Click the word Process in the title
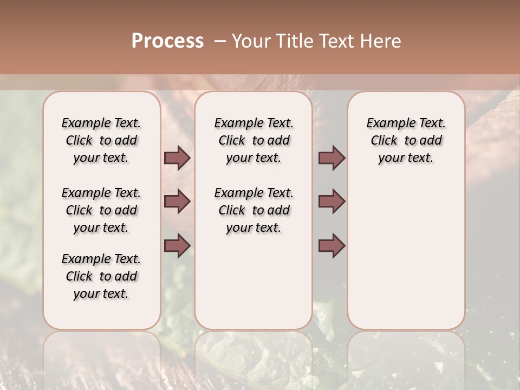tap(167, 41)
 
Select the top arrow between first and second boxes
tap(177, 158)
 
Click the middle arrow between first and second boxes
tap(177, 202)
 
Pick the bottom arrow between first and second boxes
tap(177, 246)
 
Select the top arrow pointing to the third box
tap(331, 158)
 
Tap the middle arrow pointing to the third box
tap(331, 202)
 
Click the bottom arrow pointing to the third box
tap(331, 246)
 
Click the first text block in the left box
tap(101, 140)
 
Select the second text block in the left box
tap(101, 210)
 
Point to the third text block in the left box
tap(101, 276)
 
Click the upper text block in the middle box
tap(253, 140)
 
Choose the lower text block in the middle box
tap(253, 210)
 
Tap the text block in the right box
tap(406, 140)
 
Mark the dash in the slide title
tap(220, 41)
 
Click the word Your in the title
tap(250, 41)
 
